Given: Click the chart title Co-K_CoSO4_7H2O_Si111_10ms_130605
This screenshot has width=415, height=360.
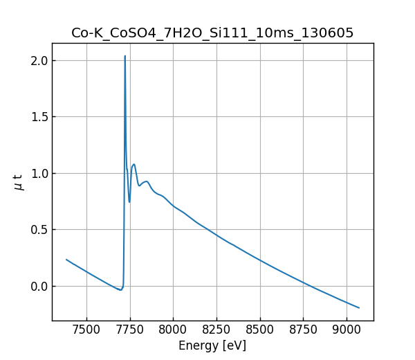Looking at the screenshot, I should pos(212,33).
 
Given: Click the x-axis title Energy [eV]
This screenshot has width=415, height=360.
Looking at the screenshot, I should pos(212,345).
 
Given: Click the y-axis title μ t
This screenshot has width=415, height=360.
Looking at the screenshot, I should pos(19,182).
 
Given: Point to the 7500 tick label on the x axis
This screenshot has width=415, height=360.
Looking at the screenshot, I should pos(86,330).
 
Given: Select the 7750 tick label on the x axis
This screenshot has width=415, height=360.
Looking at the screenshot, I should pos(129,330).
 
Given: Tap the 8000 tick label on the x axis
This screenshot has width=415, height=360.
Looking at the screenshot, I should pos(173,330).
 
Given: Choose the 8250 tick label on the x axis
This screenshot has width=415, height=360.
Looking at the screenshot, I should pos(216,330).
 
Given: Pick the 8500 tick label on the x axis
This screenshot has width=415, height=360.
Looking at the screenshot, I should pos(259,330).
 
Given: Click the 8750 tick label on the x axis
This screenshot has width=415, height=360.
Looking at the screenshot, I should pos(302,330).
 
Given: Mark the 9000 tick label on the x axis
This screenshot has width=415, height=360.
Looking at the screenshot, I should pos(346,330).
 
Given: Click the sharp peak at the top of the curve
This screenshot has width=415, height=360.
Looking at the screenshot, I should pos(125,56).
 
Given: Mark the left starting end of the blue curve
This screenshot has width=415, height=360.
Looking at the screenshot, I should pos(66,260).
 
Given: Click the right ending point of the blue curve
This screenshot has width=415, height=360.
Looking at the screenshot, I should pos(359,307).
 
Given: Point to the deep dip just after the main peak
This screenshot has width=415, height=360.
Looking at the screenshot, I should pos(129,201).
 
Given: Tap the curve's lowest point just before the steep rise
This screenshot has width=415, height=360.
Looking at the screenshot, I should pos(120,290).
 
